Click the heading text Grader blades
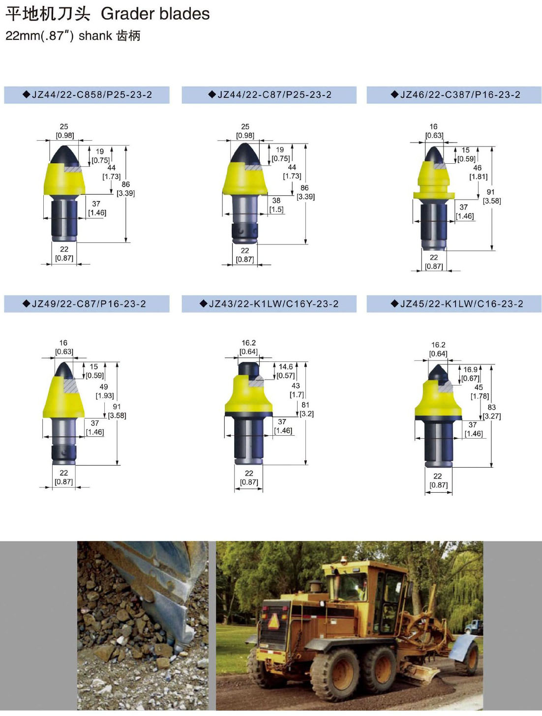pyautogui.click(x=155, y=14)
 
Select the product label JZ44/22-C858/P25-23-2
pyautogui.click(x=88, y=95)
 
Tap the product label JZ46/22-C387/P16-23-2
pyautogui.click(x=455, y=95)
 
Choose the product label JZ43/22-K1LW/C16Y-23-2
pyautogui.click(x=269, y=304)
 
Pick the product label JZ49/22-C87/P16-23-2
pyautogui.click(x=85, y=304)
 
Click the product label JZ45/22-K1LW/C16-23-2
pyautogui.click(x=457, y=304)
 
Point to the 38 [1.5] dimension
pyautogui.click(x=276, y=205)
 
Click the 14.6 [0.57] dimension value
pyautogui.click(x=286, y=371)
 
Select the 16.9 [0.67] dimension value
pyautogui.click(x=471, y=374)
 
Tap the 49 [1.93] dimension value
pyautogui.click(x=104, y=391)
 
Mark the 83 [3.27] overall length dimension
pyautogui.click(x=492, y=412)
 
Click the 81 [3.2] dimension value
pyautogui.click(x=306, y=409)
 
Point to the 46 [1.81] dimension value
pyautogui.click(x=478, y=172)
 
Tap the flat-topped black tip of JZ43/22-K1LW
pyautogui.click(x=249, y=369)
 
